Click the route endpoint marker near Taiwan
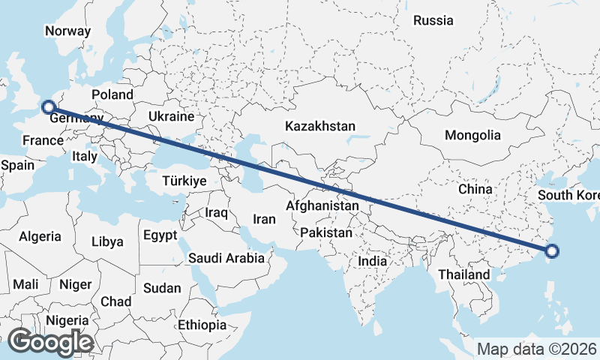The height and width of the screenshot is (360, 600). [553, 251]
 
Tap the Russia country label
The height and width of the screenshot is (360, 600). [433, 20]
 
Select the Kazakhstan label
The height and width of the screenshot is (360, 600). [319, 127]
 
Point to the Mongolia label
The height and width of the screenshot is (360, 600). [472, 136]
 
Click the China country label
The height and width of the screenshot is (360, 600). [475, 189]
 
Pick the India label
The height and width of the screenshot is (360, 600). [373, 262]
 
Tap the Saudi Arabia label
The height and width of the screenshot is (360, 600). [226, 258]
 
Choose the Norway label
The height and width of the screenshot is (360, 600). [67, 31]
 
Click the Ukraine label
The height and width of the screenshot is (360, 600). [171, 117]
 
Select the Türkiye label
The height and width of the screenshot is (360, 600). [184, 181]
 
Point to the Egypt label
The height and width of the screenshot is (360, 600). [160, 235]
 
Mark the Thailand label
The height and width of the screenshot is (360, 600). [464, 274]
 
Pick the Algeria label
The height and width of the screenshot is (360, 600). [40, 236]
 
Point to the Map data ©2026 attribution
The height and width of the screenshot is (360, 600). [536, 349]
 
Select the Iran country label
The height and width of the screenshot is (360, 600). [264, 219]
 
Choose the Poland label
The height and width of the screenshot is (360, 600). [112, 94]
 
